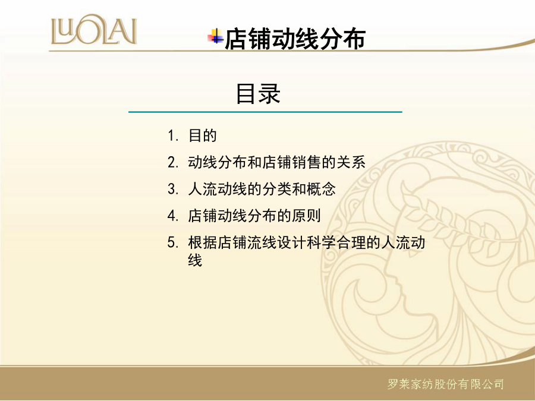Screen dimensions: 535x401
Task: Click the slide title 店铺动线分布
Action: (295, 39)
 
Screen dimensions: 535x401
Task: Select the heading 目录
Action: (259, 93)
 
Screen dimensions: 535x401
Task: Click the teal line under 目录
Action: (266, 112)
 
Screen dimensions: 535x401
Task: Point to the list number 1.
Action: (173, 135)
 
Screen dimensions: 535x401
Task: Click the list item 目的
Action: (203, 135)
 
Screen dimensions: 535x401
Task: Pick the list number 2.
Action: (173, 162)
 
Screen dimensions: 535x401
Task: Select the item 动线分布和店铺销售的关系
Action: (276, 162)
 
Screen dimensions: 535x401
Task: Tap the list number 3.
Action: (173, 189)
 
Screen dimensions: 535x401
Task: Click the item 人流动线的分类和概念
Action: (262, 189)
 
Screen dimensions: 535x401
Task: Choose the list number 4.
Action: (173, 216)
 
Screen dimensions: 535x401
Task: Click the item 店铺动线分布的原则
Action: (254, 216)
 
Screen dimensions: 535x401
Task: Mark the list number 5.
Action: (173, 243)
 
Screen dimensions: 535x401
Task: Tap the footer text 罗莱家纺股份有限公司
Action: (446, 384)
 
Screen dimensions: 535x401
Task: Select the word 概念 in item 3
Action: (322, 189)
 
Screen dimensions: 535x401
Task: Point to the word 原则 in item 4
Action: (306, 216)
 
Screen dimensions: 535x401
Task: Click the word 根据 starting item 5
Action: (203, 243)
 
